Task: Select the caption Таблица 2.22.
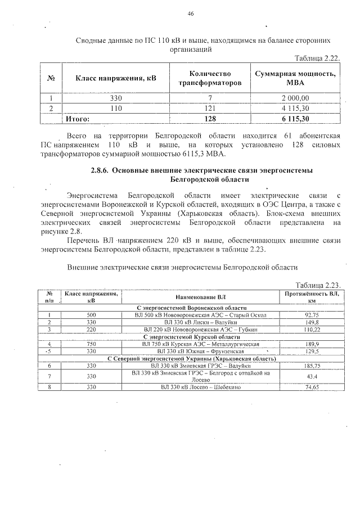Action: coord(318,58)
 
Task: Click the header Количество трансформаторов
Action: coord(209,78)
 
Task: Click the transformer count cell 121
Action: coord(209,108)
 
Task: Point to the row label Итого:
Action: coord(78,118)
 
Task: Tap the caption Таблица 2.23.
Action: coord(318,285)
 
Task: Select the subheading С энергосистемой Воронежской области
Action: coord(192,308)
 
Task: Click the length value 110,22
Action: coord(311,330)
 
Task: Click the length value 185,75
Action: coord(311,366)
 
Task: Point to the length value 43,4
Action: coord(311,376)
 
